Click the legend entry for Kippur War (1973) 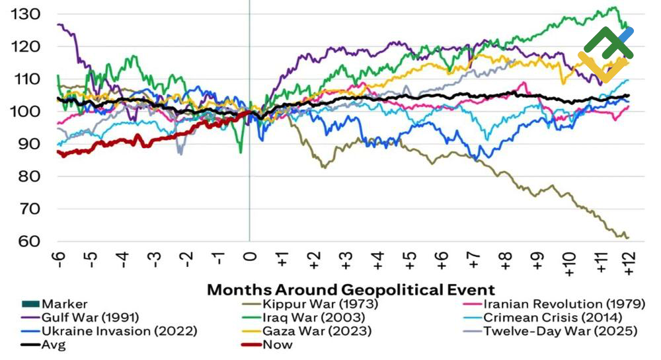(320, 304)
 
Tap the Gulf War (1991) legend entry (89, 318)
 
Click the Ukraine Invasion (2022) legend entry (118, 331)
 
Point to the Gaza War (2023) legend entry (317, 331)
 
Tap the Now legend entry (277, 344)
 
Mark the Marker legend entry (63, 304)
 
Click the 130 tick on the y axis (26, 14)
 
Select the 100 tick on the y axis (26, 111)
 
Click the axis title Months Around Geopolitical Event (351, 289)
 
